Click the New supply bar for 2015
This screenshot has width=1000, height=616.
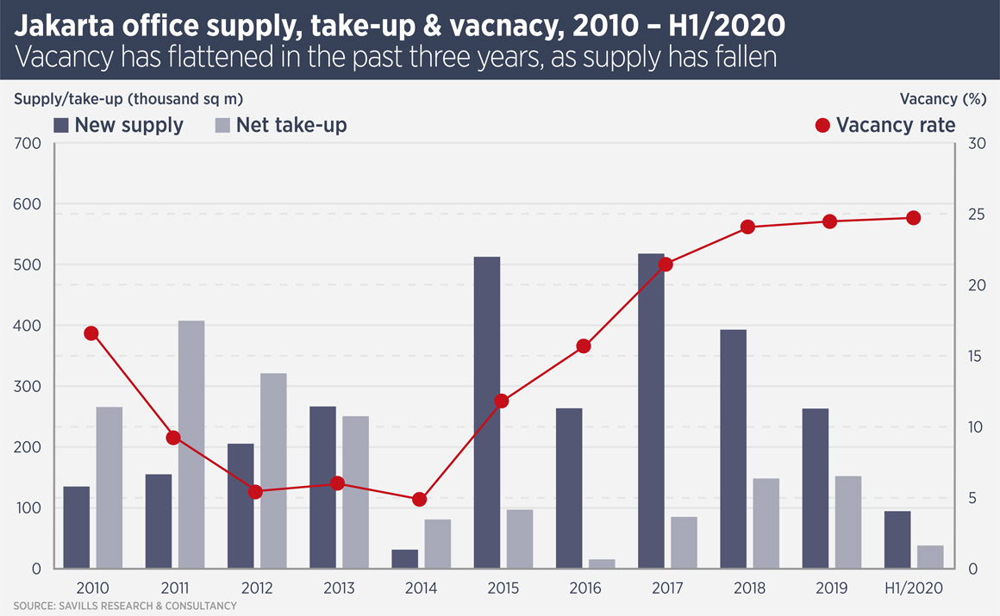487,413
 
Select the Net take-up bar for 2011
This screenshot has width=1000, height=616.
191,445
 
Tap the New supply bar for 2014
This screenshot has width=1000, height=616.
405,559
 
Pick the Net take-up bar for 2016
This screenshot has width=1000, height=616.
602,564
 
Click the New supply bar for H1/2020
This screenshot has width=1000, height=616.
897,540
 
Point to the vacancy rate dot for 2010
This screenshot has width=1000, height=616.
91,333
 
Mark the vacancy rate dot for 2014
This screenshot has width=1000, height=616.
420,500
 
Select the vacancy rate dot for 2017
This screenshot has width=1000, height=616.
666,264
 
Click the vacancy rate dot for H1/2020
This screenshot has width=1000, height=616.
913,218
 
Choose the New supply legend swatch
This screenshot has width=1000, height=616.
61,125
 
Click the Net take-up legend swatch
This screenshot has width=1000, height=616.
222,125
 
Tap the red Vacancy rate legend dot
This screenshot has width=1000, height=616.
822,126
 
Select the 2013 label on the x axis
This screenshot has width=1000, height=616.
338,588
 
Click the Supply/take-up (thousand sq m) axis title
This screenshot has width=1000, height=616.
128,98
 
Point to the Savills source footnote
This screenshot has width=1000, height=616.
125,607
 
